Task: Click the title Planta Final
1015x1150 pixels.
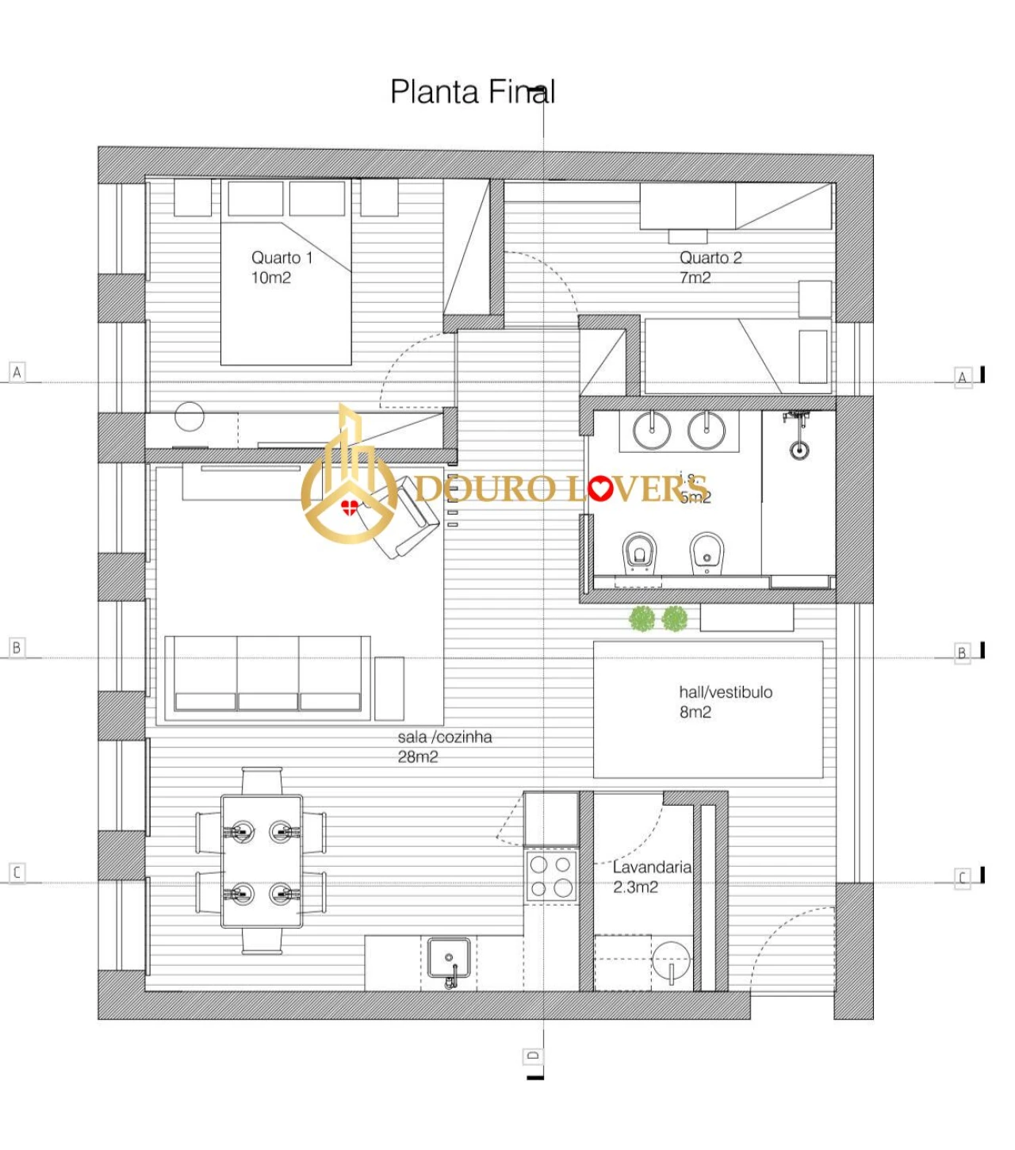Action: [473, 92]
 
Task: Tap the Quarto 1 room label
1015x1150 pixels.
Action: [282, 267]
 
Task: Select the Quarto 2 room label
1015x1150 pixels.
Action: [710, 267]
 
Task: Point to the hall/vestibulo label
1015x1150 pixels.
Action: [725, 701]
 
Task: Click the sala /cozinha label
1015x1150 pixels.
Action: [444, 746]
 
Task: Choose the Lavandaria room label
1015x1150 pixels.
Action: [651, 876]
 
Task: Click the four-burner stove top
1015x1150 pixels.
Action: [551, 876]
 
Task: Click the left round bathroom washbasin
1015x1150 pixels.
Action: [652, 431]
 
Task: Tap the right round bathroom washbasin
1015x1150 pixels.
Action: [707, 431]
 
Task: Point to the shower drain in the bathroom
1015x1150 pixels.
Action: [799, 450]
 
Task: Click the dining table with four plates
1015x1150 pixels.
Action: [262, 861]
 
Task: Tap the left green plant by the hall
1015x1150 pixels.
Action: [642, 619]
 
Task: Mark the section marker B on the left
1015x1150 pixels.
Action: [17, 647]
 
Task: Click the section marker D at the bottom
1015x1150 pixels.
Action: [533, 1056]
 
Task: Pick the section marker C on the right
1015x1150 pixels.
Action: [962, 878]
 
